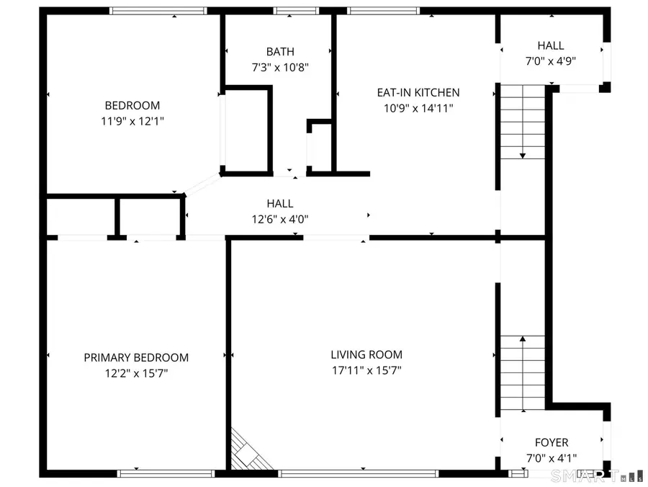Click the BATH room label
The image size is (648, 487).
click(280, 52)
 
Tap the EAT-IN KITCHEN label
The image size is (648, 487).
click(418, 92)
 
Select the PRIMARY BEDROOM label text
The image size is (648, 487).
click(136, 357)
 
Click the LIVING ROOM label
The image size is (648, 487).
click(366, 354)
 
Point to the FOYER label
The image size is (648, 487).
click(551, 442)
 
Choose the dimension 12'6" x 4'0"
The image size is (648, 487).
click(280, 219)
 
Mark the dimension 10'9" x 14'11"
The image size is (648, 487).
click(418, 108)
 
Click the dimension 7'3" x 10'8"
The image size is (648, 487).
click(280, 68)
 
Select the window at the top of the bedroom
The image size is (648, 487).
click(158, 11)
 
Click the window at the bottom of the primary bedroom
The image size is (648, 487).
click(166, 473)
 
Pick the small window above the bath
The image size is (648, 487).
click(295, 11)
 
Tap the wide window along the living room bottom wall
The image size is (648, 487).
click(358, 473)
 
